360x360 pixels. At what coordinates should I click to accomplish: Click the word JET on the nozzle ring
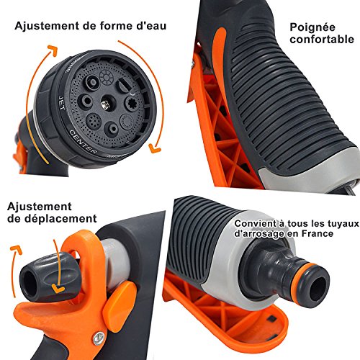tap(61, 103)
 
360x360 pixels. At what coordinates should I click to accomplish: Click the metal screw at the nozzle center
tap(104, 104)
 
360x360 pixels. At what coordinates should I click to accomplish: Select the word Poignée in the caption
tap(312, 27)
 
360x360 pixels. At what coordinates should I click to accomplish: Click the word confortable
tap(322, 39)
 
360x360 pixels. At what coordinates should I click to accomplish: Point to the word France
tap(318, 233)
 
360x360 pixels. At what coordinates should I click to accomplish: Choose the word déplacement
tap(52, 218)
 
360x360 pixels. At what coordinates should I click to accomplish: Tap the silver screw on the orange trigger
tap(99, 338)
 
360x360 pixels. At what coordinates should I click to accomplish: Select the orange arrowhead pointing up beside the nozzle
tap(53, 50)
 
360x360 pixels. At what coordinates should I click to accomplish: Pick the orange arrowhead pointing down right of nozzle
tap(154, 148)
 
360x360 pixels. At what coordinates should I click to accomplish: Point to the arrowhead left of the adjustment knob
tap(17, 250)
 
